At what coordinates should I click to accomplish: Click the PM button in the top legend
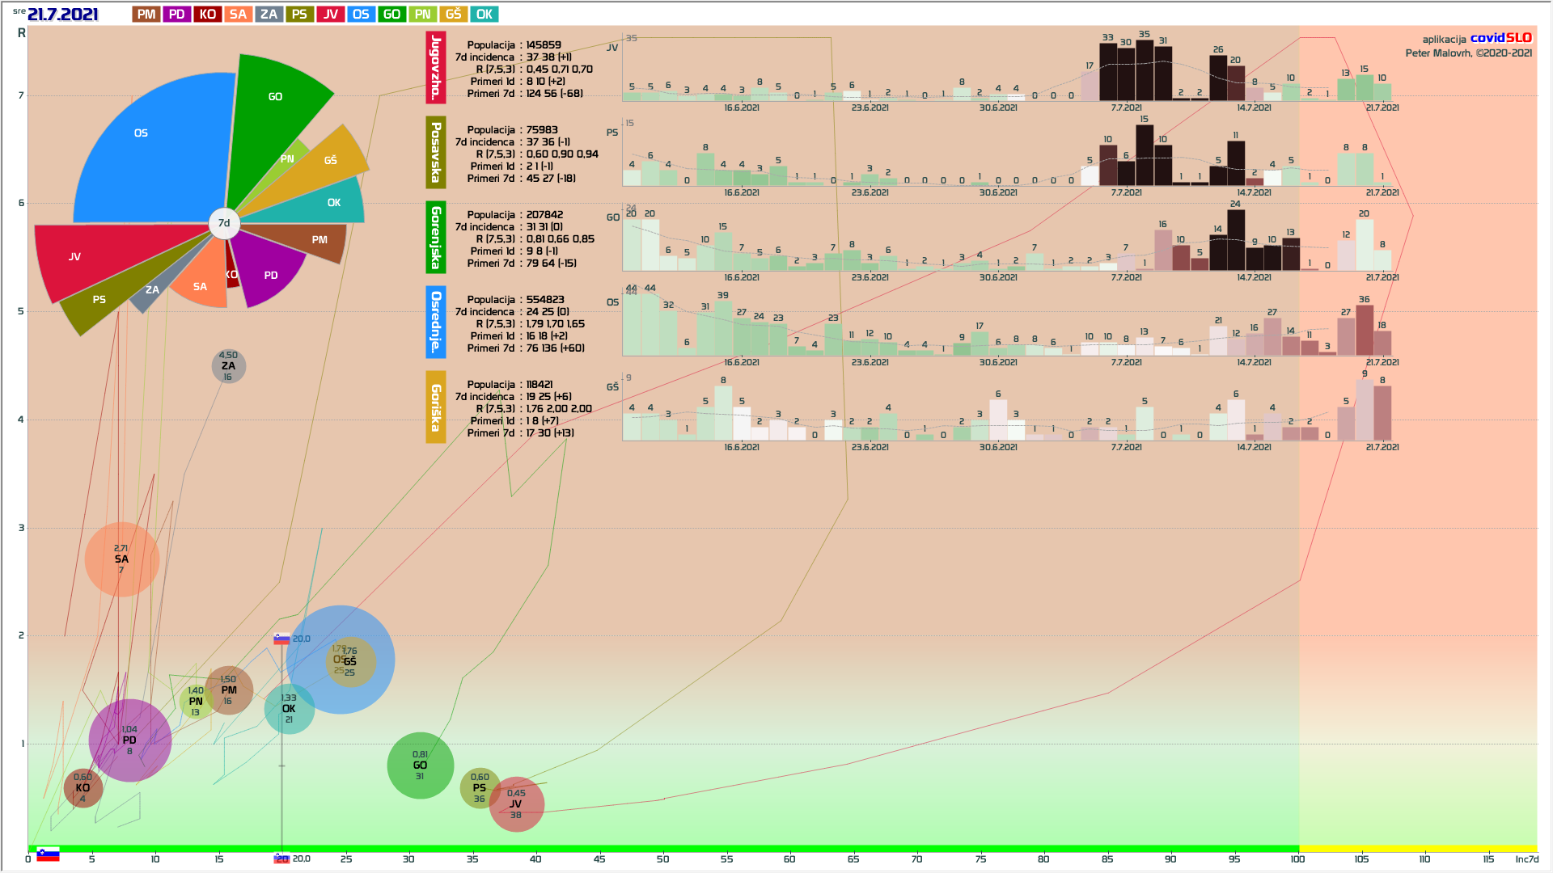point(146,15)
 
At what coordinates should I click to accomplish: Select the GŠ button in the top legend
point(453,15)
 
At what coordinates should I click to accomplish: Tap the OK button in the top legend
point(484,15)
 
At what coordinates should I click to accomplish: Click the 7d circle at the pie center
point(224,223)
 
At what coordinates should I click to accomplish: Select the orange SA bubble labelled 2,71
point(121,559)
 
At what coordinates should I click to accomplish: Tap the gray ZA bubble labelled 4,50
point(229,366)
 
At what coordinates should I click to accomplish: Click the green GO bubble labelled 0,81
point(420,765)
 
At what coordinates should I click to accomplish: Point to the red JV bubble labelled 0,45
point(516,803)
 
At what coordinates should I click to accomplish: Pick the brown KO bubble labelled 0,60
point(83,788)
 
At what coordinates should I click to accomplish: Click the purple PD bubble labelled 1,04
point(129,740)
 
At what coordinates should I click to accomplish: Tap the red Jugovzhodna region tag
point(436,68)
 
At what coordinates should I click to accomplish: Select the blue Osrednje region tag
point(436,322)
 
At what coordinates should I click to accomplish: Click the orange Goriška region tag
point(436,407)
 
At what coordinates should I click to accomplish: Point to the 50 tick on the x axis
point(662,859)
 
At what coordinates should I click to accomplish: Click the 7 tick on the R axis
point(21,95)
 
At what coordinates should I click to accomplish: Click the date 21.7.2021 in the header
point(62,15)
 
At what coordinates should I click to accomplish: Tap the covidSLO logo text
point(1500,38)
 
